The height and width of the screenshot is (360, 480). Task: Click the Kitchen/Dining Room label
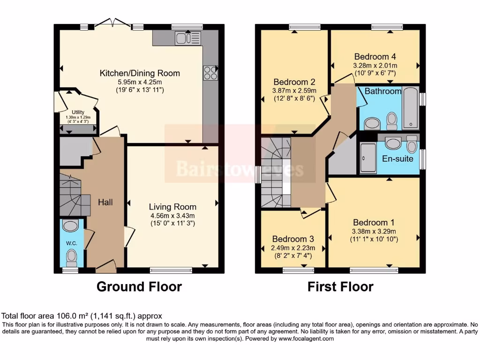(x=140, y=73)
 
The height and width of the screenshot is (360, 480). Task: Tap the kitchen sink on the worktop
(x=187, y=38)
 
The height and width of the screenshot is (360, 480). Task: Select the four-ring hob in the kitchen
(x=210, y=73)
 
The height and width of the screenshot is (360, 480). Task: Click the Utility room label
(x=78, y=112)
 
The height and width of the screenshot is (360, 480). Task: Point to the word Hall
(x=105, y=202)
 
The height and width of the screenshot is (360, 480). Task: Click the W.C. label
(x=71, y=243)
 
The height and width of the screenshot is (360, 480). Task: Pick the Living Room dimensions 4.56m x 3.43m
(x=172, y=216)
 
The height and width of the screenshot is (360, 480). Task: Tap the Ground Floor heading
(x=139, y=286)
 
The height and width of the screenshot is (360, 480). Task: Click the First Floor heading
(x=340, y=286)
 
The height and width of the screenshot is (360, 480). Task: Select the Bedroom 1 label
(x=374, y=222)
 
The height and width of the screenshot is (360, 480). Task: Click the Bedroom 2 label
(x=294, y=82)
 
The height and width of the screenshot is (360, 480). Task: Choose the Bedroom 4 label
(x=375, y=55)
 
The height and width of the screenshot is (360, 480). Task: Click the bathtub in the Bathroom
(x=410, y=107)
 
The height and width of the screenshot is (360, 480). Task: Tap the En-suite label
(x=398, y=158)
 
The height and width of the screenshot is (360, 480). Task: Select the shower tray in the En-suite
(x=368, y=158)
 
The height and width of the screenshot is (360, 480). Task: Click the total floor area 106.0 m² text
(x=82, y=316)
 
